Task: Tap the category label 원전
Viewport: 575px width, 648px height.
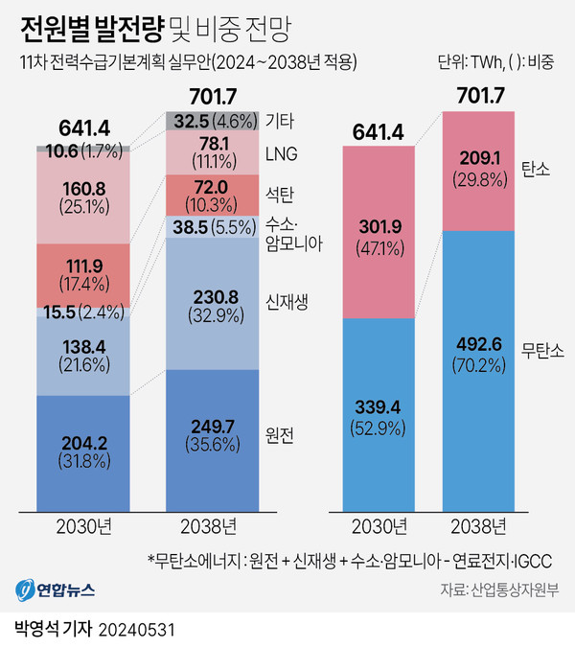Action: (x=279, y=434)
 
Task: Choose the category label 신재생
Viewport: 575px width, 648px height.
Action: (x=284, y=305)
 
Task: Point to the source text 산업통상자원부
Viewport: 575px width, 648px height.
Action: (x=518, y=589)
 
